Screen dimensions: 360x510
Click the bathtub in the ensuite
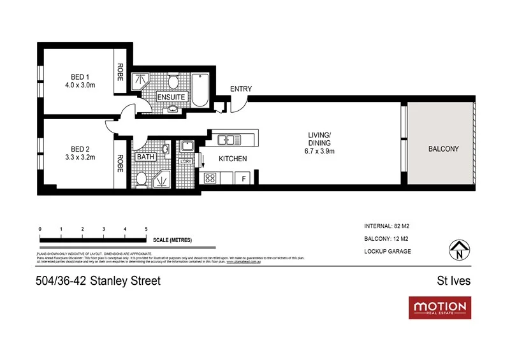(200, 92)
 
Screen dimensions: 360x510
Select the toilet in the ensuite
(172, 83)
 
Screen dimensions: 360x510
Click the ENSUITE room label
(171, 97)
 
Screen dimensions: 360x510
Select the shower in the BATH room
(161, 178)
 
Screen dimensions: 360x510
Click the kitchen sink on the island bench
(228, 139)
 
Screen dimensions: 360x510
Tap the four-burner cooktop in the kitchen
(210, 178)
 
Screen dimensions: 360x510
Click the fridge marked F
(244, 178)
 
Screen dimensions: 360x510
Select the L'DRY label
(187, 162)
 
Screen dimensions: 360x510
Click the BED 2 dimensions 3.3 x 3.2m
(80, 157)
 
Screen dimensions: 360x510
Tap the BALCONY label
(443, 148)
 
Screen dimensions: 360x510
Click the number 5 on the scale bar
(147, 229)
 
